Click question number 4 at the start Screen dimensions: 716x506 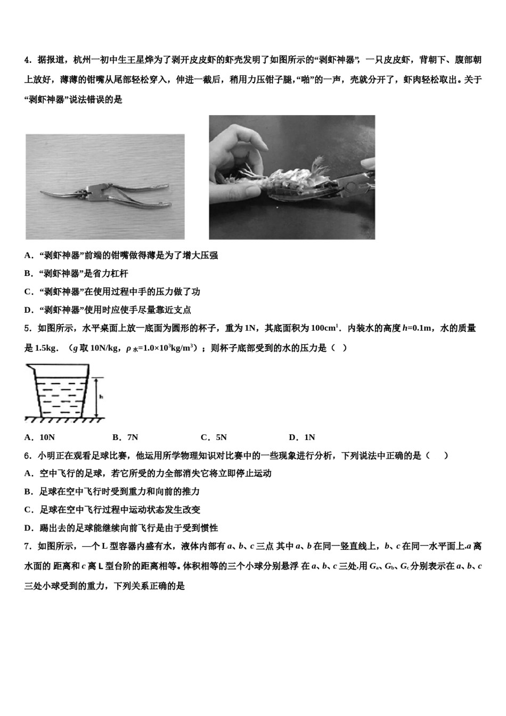pos(27,60)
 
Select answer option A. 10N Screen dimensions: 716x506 pos(40,437)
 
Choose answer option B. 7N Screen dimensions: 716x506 pos(125,437)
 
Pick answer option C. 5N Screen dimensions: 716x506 pos(214,437)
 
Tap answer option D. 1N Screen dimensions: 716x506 pos(301,437)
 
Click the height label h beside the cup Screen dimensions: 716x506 pos(101,397)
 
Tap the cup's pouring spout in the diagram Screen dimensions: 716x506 pos(29,367)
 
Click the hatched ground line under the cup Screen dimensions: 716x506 pos(64,420)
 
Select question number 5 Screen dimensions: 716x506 pos(27,329)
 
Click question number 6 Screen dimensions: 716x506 pos(27,455)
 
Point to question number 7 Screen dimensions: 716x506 pos(27,546)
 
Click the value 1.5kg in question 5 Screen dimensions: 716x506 pos(46,348)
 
